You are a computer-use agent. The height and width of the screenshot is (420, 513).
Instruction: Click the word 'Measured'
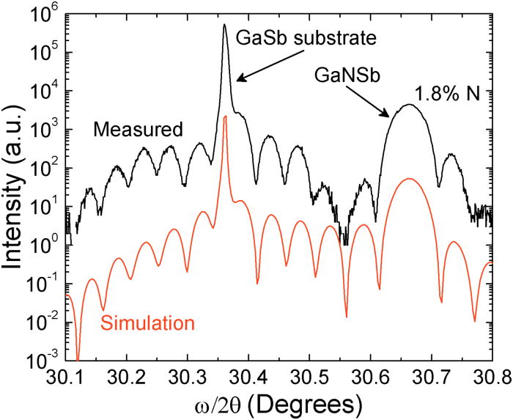point(138,130)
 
